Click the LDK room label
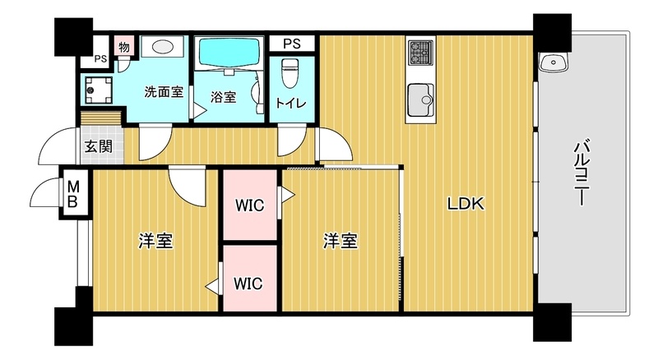click(466, 204)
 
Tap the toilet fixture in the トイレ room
click(290, 72)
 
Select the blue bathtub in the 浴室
click(229, 51)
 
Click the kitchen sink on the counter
click(420, 99)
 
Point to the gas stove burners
click(420, 53)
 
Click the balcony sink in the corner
click(553, 63)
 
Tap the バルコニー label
click(582, 172)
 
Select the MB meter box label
click(73, 194)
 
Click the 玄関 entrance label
click(98, 146)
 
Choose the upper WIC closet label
click(250, 205)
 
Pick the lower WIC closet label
click(248, 284)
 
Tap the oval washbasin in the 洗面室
click(163, 46)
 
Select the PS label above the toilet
click(292, 44)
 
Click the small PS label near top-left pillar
click(100, 58)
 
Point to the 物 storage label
click(124, 47)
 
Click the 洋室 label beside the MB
click(156, 242)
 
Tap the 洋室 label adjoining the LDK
click(341, 242)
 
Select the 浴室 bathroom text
click(223, 97)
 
